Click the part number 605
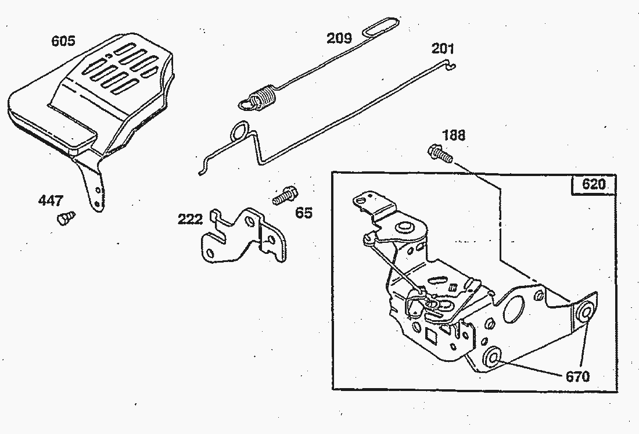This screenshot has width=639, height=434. pos(63,41)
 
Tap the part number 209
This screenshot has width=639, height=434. pos(339,38)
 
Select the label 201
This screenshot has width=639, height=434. pos(443,48)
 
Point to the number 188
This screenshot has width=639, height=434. pos(454,135)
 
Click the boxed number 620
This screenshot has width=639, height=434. pos(593,184)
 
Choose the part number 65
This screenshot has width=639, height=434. pos(303,213)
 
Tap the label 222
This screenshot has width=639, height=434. pos(191,219)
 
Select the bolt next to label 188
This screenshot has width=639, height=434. pos(440,153)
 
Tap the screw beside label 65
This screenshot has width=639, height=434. pos(284,195)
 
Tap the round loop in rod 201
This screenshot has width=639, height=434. pos(240,131)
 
